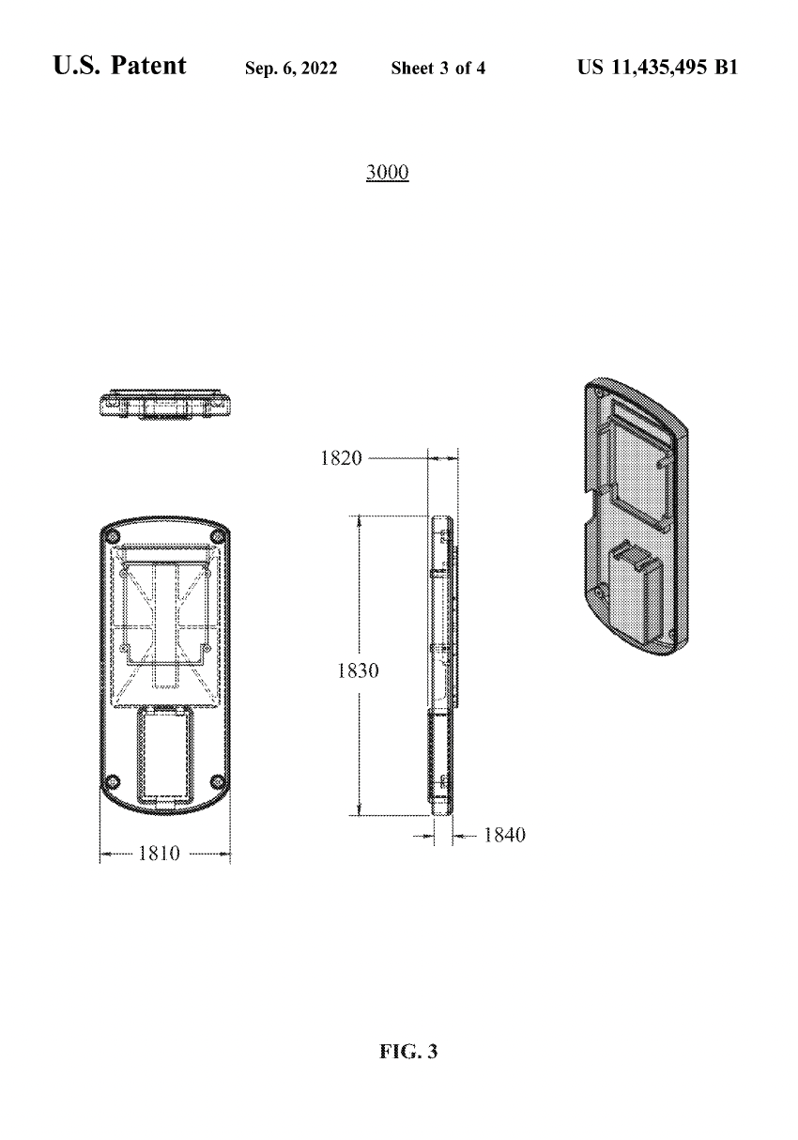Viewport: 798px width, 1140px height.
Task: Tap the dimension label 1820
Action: (x=341, y=458)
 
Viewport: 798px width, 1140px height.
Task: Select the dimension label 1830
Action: (x=359, y=670)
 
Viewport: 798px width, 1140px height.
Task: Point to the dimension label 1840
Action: (x=504, y=835)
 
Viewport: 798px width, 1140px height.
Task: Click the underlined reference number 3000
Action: (x=388, y=173)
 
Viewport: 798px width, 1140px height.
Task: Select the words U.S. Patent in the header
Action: (x=119, y=66)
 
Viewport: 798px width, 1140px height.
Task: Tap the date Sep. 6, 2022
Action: (x=291, y=69)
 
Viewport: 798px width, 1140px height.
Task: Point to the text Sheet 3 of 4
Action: (x=438, y=69)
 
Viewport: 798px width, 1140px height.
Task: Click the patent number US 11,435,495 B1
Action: (x=657, y=68)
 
